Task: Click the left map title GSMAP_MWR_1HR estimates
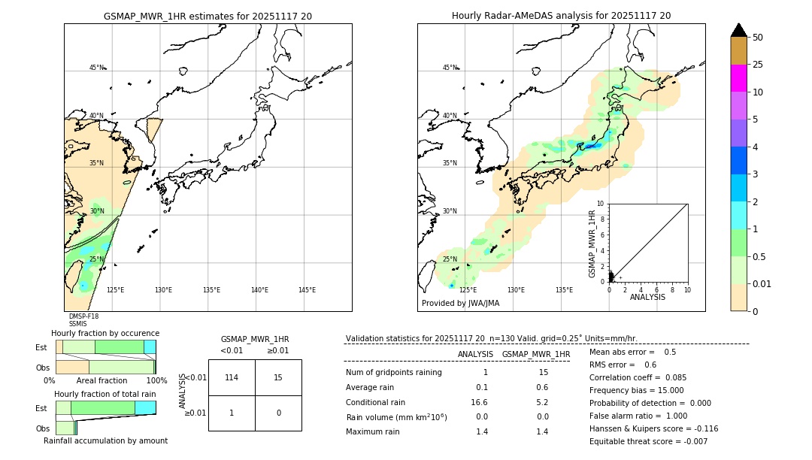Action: pyautogui.click(x=208, y=16)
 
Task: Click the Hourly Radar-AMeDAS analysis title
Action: pyautogui.click(x=561, y=16)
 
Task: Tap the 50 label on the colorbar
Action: pyautogui.click(x=758, y=38)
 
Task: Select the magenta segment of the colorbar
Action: pyautogui.click(x=738, y=78)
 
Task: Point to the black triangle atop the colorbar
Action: pyautogui.click(x=738, y=30)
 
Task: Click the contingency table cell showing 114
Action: pyautogui.click(x=232, y=377)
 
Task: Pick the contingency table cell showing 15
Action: pyautogui.click(x=278, y=377)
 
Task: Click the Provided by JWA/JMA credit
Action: pyautogui.click(x=460, y=304)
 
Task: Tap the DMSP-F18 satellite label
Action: pyautogui.click(x=83, y=316)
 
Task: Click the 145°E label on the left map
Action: pyautogui.click(x=307, y=290)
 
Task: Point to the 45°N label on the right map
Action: pyautogui.click(x=450, y=68)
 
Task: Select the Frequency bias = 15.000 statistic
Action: pyautogui.click(x=636, y=391)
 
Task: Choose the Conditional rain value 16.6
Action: pyautogui.click(x=481, y=402)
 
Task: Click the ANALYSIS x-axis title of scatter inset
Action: pyautogui.click(x=647, y=298)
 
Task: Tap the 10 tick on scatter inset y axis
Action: pyautogui.click(x=601, y=204)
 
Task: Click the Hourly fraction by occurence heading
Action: pyautogui.click(x=105, y=334)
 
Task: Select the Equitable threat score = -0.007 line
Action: pyautogui.click(x=648, y=442)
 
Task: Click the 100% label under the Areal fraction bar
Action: pyautogui.click(x=156, y=381)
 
